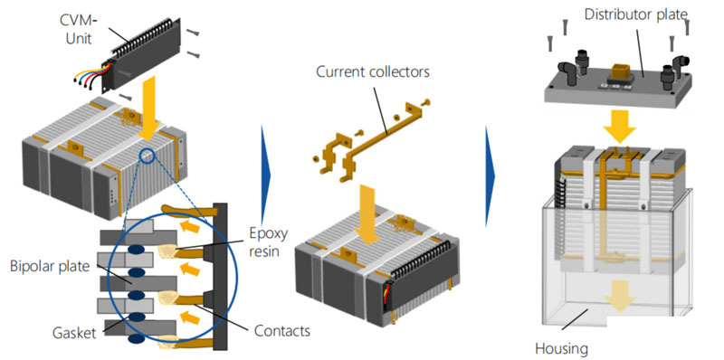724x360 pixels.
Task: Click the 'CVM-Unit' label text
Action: [76, 29]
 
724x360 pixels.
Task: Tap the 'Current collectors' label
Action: [373, 72]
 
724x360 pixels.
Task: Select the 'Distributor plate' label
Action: [636, 14]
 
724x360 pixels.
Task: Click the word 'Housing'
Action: [561, 348]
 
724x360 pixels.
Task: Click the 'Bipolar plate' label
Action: [49, 267]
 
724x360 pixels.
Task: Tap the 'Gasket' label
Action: [75, 333]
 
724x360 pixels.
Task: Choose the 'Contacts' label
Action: [281, 330]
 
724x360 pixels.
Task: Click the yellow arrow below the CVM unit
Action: [148, 109]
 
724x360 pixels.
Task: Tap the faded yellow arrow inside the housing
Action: [620, 301]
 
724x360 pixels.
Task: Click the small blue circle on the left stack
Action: [148, 156]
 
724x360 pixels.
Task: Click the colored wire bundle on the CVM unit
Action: [92, 74]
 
